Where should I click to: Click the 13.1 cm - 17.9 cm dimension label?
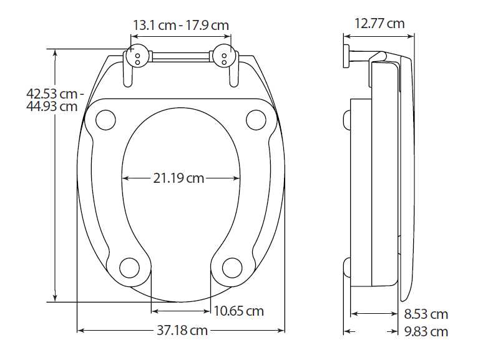(180, 26)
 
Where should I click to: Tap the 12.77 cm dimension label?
(379, 24)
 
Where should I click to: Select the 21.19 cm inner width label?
(178, 178)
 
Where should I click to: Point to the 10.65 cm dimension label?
(238, 311)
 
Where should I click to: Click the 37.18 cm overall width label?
(182, 330)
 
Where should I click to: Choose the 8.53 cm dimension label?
(426, 314)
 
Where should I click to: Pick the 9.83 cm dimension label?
(426, 331)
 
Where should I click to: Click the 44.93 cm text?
(52, 106)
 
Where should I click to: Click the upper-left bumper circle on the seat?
(106, 119)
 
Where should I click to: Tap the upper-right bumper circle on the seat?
(256, 119)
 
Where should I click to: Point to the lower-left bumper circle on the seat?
(129, 267)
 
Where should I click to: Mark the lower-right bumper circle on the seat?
(232, 267)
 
